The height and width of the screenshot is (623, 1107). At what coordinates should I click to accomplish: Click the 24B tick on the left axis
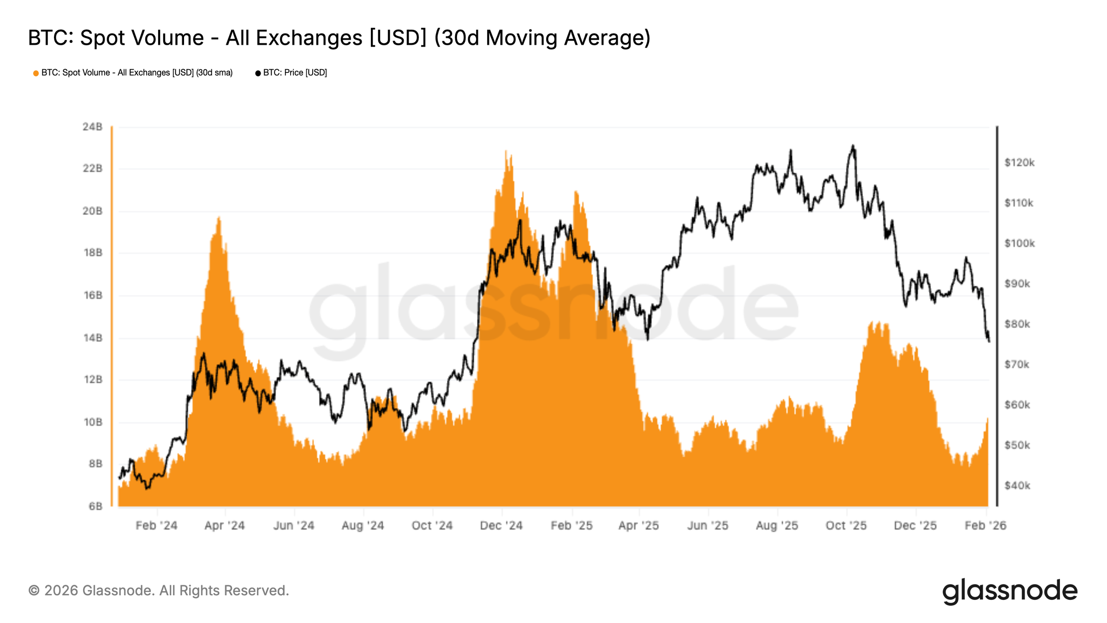point(92,126)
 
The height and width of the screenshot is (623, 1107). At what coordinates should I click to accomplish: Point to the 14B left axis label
point(92,338)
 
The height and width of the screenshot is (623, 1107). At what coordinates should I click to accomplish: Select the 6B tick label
point(95,506)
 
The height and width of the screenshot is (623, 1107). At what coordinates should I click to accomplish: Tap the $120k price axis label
point(1019,162)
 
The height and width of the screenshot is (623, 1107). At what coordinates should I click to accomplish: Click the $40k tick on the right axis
point(1017,485)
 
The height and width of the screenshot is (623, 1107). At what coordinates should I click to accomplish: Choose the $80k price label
point(1017,324)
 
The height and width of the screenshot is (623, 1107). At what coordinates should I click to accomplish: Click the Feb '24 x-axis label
point(156,526)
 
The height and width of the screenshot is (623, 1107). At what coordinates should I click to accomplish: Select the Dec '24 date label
point(501,526)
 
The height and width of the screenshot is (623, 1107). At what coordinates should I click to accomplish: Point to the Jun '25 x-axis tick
point(708,526)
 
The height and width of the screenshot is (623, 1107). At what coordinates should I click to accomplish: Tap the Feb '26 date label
point(985,526)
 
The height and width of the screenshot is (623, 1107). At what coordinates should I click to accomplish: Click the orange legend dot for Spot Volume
point(36,73)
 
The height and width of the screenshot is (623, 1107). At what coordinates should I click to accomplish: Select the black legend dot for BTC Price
point(258,73)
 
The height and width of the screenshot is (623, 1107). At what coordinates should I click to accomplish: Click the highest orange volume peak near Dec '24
point(506,151)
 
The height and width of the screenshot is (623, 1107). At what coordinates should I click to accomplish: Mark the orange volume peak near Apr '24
point(219,217)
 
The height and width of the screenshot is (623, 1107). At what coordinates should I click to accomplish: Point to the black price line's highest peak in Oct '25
point(853,146)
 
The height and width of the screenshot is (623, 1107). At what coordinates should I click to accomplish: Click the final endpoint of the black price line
point(989,341)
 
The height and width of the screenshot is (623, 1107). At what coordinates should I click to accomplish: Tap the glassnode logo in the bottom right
point(1009,591)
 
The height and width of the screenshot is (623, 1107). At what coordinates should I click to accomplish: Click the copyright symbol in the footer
point(34,591)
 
